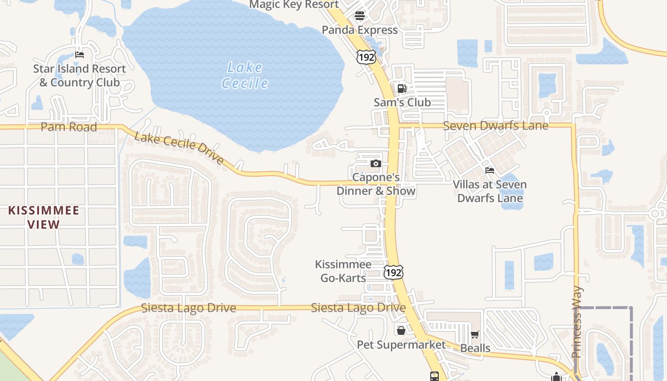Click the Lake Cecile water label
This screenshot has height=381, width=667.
click(245, 75)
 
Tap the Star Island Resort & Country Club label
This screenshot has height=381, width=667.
click(80, 75)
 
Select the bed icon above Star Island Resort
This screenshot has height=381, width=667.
click(80, 55)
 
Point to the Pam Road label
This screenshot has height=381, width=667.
click(69, 127)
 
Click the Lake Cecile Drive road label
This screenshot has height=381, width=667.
click(179, 148)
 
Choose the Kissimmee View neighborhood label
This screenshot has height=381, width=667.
click(43, 217)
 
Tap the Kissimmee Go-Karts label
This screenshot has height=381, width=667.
click(343, 271)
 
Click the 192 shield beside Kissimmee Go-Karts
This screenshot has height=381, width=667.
click(394, 272)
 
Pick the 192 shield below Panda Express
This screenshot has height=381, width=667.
click(366, 57)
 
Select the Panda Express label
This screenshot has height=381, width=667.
click(360, 30)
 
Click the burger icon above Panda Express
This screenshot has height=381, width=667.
click(360, 16)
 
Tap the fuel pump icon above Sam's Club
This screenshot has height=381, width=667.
click(402, 88)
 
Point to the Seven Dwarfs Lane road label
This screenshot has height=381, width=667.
click(495, 126)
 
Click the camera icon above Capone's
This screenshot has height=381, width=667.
click(376, 164)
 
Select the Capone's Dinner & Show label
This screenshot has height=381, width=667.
click(376, 184)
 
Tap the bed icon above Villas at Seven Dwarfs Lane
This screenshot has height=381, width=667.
click(490, 170)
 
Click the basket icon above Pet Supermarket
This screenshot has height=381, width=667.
click(401, 330)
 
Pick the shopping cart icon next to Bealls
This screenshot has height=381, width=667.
click(475, 335)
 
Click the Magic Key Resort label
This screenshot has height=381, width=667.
click(294, 5)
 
